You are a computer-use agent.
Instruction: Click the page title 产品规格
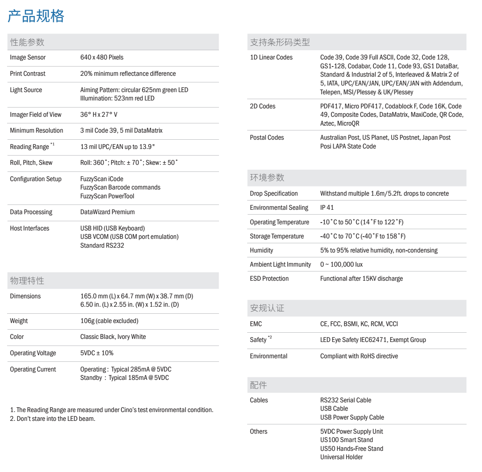click(36, 16)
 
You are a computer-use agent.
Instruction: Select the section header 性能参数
click(27, 42)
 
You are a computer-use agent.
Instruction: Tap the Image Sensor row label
click(28, 57)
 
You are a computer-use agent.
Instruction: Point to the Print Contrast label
click(28, 74)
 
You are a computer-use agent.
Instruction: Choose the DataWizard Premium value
click(108, 212)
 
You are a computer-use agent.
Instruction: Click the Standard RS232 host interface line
click(102, 245)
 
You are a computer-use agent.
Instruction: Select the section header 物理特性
click(27, 281)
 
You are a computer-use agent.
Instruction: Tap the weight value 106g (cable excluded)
click(109, 321)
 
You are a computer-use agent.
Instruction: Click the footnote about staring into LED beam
click(52, 419)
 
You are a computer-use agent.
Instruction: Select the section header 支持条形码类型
click(280, 42)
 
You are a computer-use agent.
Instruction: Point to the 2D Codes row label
click(263, 106)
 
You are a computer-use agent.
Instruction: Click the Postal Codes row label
click(267, 138)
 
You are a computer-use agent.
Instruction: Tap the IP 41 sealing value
click(327, 208)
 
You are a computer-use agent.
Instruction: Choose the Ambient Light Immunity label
click(281, 264)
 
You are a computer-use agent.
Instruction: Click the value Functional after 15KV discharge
click(361, 279)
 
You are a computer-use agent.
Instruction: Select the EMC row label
click(256, 324)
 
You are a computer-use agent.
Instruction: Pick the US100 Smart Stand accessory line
click(347, 440)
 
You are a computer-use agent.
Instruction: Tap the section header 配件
click(258, 386)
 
